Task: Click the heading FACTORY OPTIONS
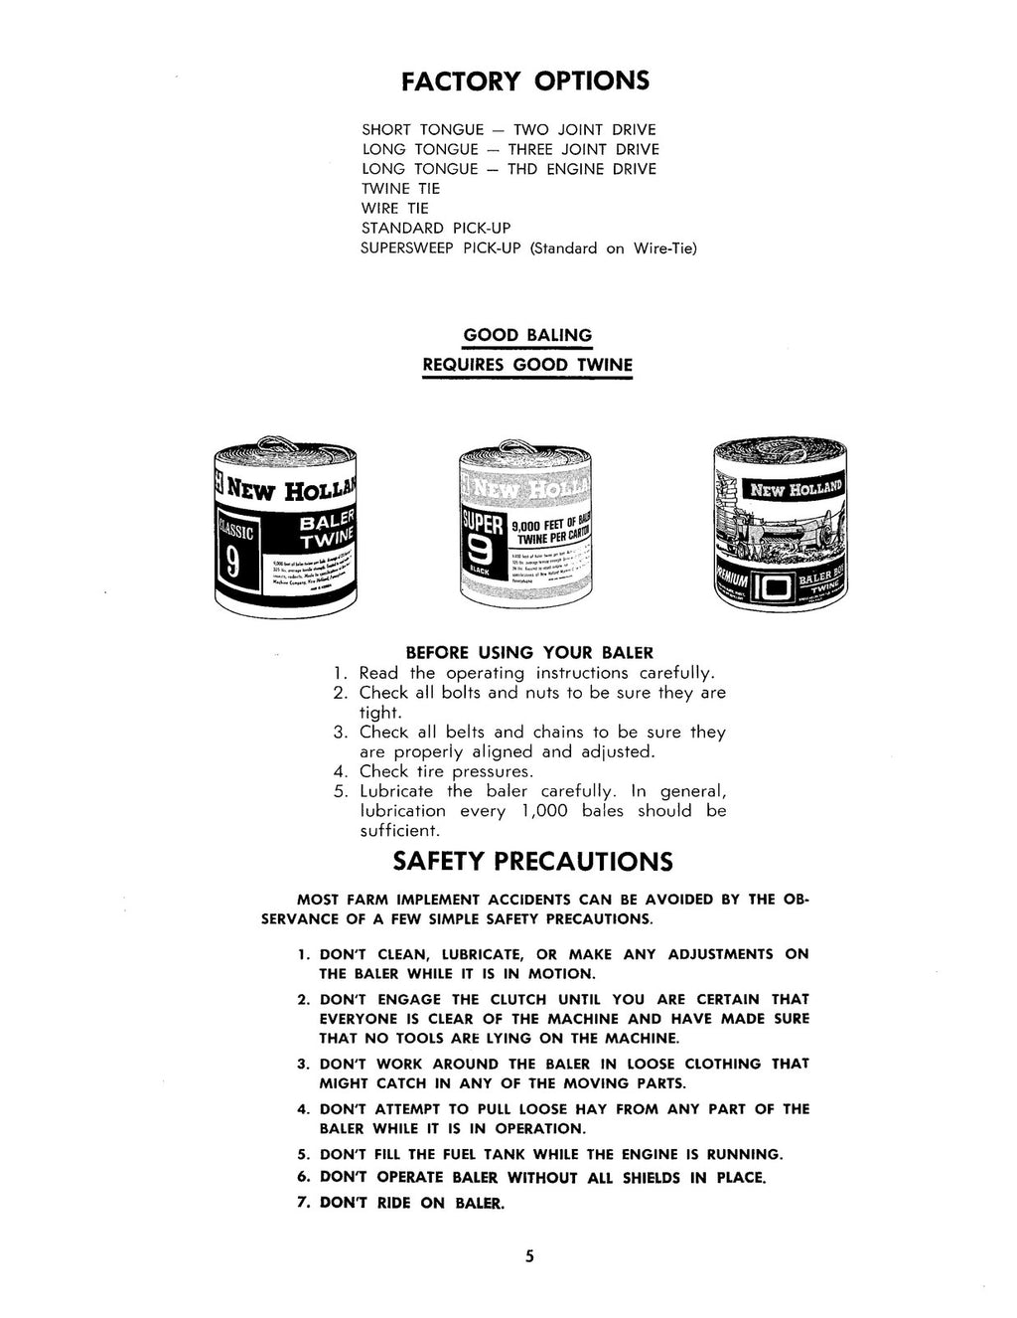tap(525, 81)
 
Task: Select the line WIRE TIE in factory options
tap(395, 208)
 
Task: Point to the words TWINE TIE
tap(400, 188)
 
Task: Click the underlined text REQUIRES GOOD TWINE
tap(527, 364)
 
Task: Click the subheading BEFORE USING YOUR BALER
tap(529, 653)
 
